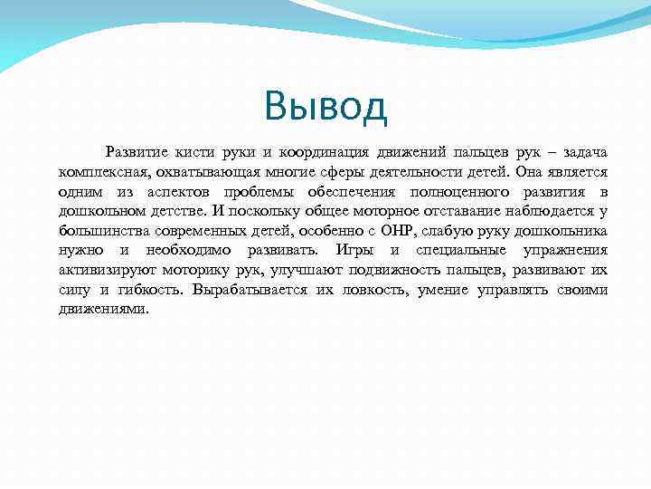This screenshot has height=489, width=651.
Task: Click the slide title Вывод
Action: click(x=325, y=107)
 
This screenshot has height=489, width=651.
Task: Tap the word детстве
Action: click(x=176, y=211)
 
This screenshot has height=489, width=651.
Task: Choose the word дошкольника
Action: click(x=561, y=231)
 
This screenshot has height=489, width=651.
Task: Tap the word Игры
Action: click(x=354, y=250)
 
